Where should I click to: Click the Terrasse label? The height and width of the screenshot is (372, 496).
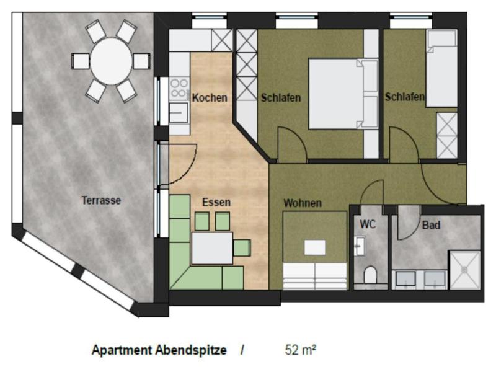coord(101,200)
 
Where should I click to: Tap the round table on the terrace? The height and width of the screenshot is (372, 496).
coord(111,61)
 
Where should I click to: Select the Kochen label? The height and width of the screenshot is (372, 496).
coord(210,97)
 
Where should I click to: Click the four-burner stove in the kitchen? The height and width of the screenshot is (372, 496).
coord(179,88)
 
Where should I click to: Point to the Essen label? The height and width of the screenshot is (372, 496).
coord(216,202)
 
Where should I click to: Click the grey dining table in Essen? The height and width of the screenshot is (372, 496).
coord(212,248)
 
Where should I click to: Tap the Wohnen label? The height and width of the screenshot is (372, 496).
coord(303,203)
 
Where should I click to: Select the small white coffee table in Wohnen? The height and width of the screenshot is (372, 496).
coord(315,247)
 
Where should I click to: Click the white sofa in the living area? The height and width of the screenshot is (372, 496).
coord(315,276)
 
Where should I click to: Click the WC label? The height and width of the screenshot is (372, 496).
coord(368,224)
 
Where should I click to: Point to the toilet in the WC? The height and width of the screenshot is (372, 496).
coord(370,275)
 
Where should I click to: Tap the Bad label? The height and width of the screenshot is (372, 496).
coord(431,225)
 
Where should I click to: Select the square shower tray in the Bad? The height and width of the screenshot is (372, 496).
coord(464,270)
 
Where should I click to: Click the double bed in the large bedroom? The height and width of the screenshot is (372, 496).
coord(343,94)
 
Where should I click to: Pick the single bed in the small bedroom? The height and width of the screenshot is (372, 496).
coord(441,68)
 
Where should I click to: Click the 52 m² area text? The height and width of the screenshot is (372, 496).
coord(301,350)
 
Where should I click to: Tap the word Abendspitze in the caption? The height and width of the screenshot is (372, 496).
coord(191,350)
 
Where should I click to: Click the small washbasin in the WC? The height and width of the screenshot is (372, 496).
coord(360,245)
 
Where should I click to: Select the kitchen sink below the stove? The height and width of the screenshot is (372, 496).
coord(179,113)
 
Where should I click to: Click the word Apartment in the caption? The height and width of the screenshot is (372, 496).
coord(122,350)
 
